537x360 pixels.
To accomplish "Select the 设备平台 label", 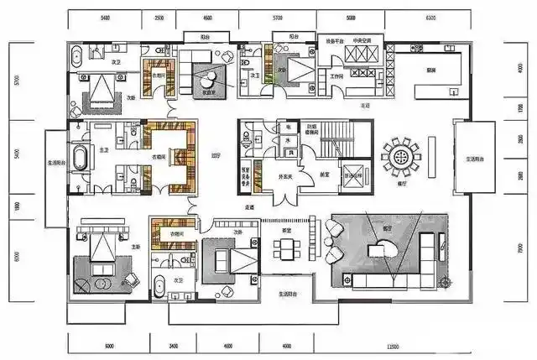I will (x=336, y=39).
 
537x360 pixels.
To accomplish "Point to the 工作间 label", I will (x=336, y=76).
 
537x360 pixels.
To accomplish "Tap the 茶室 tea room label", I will (x=286, y=230).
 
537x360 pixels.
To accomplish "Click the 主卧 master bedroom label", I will (x=136, y=246).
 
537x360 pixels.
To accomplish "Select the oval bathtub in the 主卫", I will (x=81, y=157).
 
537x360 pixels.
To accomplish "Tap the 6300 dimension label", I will (x=431, y=17).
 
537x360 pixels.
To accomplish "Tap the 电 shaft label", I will (x=288, y=126).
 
